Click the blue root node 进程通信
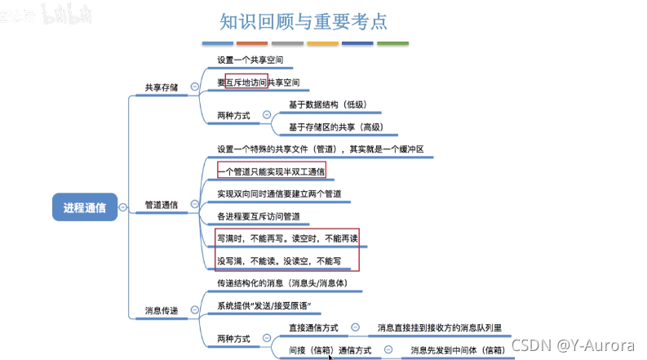click(x=84, y=207)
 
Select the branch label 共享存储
click(x=161, y=87)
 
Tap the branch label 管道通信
click(x=161, y=204)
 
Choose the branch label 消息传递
click(x=161, y=310)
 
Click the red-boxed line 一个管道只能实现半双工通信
click(x=272, y=171)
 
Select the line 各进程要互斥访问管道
click(x=259, y=216)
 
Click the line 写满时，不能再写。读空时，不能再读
click(x=287, y=238)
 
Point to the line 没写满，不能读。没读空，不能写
click(x=277, y=261)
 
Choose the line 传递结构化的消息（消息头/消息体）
click(x=285, y=283)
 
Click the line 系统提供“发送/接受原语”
click(x=264, y=306)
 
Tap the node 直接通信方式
click(x=314, y=327)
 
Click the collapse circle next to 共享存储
click(x=194, y=87)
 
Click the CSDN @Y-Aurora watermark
click(x=574, y=345)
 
